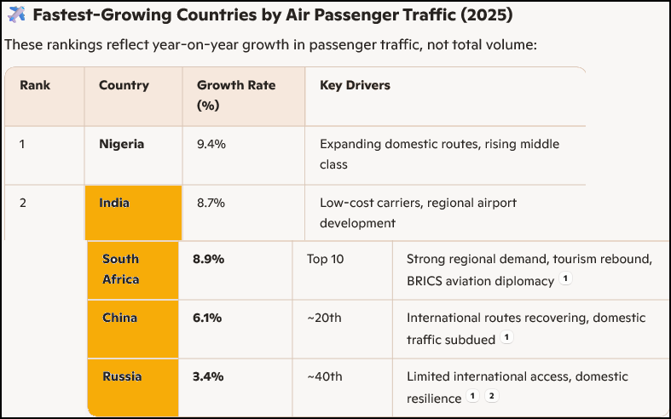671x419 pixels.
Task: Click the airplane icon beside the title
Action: point(16,15)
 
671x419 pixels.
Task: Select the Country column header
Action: point(124,85)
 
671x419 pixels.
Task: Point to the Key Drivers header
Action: point(355,85)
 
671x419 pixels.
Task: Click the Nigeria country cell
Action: point(121,144)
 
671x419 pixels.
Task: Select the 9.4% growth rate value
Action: point(211,144)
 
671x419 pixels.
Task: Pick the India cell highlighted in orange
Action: point(114,204)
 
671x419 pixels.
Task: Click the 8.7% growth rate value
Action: point(211,204)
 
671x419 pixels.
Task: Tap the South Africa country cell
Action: point(120,269)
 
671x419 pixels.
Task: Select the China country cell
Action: point(119,318)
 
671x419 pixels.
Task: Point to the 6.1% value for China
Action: point(207,318)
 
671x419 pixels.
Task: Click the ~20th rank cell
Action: point(324,318)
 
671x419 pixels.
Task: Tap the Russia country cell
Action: point(122,376)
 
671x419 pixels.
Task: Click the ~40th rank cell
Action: point(324,376)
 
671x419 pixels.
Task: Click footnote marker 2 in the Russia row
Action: point(490,397)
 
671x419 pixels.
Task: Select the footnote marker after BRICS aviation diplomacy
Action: point(565,279)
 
